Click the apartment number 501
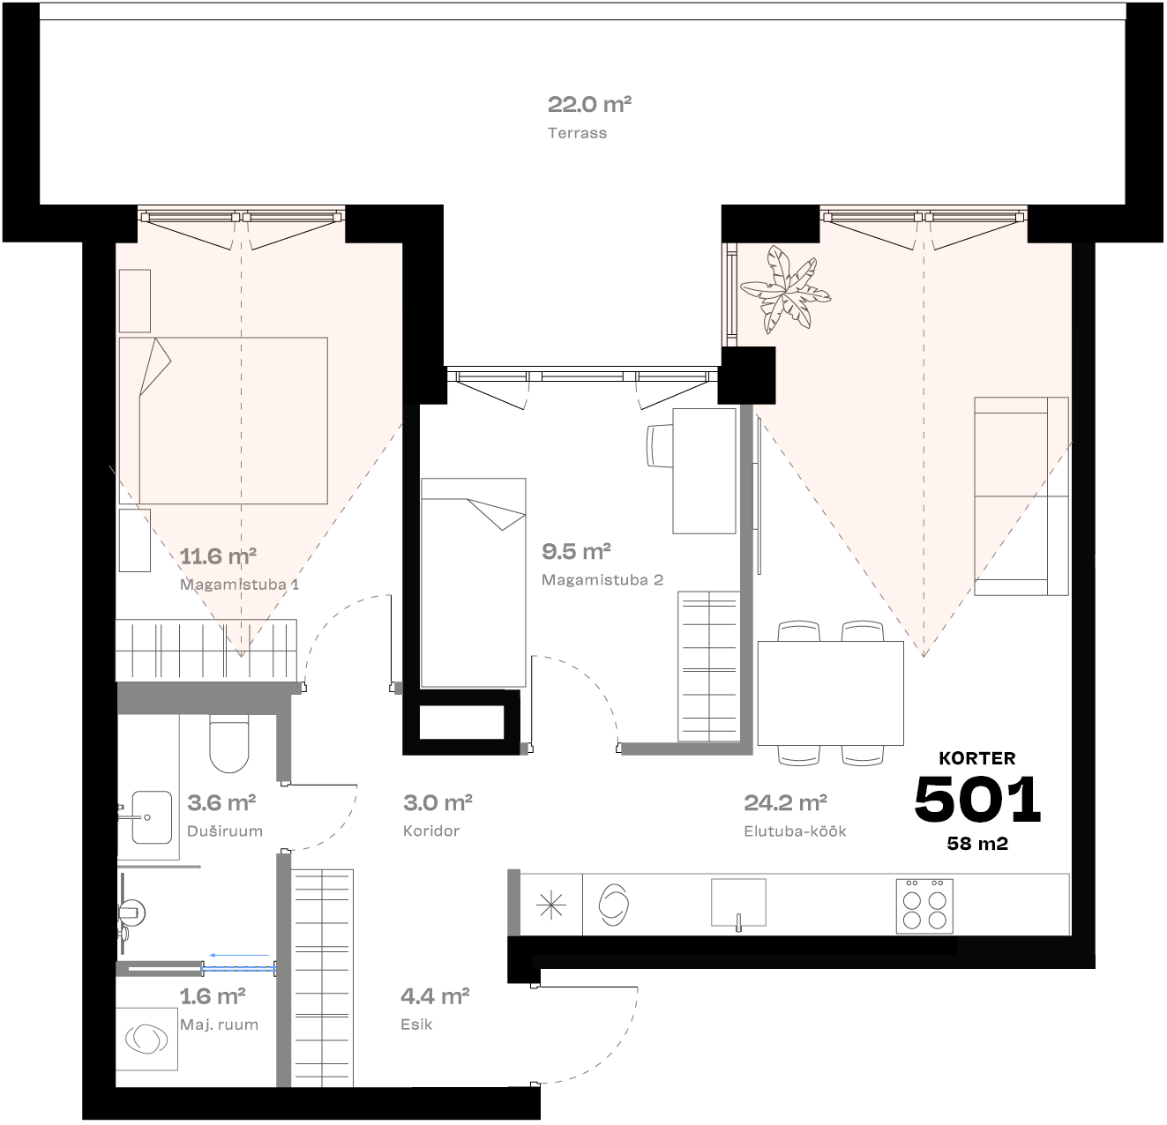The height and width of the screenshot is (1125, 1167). [x=977, y=799]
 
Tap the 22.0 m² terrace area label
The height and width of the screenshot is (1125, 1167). [x=589, y=105]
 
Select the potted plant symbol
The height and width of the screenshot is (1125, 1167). [x=785, y=290]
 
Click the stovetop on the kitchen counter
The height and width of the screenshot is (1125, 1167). [x=924, y=905]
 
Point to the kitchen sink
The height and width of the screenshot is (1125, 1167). [x=738, y=903]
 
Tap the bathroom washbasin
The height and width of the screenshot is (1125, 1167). [x=149, y=816]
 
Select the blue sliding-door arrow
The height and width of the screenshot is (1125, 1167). [x=239, y=954]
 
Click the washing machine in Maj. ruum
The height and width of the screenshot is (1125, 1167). [x=146, y=1039]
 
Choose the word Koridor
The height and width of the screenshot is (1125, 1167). [x=431, y=831]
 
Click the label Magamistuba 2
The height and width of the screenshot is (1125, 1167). [x=602, y=580]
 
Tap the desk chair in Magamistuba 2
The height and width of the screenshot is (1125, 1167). [x=662, y=446]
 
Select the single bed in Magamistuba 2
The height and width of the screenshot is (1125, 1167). [x=474, y=582]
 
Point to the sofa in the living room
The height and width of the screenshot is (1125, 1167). [x=1021, y=495]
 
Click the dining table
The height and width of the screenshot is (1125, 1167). [x=830, y=693]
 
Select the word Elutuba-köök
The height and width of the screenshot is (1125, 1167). [x=795, y=831]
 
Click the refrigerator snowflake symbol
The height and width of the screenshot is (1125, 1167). [x=551, y=905]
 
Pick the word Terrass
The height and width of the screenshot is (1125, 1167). [x=577, y=133]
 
